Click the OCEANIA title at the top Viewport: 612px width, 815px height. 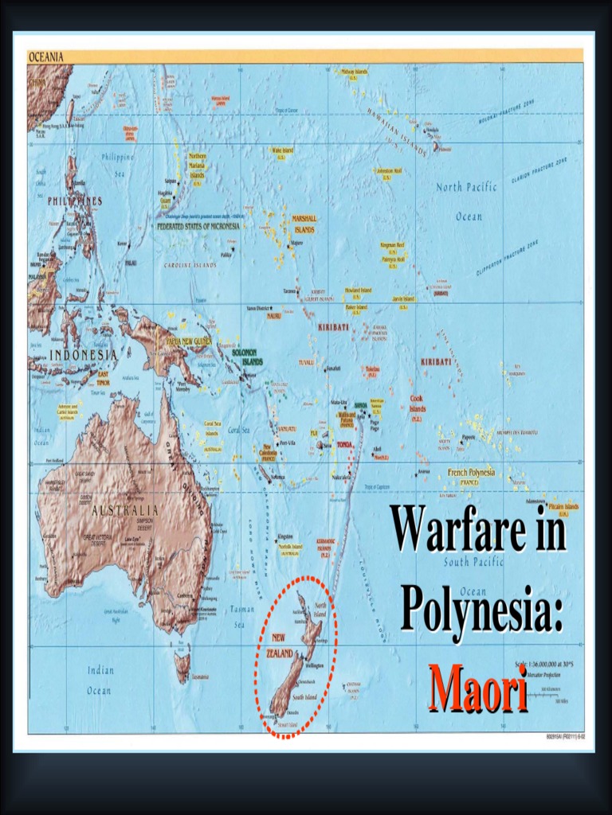click(x=46, y=57)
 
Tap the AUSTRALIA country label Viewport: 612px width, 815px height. click(x=126, y=509)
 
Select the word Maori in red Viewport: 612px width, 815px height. click(x=479, y=689)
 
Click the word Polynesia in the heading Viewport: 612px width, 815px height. click(x=481, y=609)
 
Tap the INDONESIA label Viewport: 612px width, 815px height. click(x=84, y=354)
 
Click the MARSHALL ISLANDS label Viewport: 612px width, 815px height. click(x=304, y=224)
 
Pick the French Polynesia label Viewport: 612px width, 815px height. click(x=471, y=473)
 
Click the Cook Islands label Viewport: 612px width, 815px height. click(x=418, y=403)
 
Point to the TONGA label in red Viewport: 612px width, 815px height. click(x=344, y=444)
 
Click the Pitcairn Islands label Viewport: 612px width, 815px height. click(x=562, y=507)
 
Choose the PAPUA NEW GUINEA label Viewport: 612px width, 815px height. click(x=190, y=341)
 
